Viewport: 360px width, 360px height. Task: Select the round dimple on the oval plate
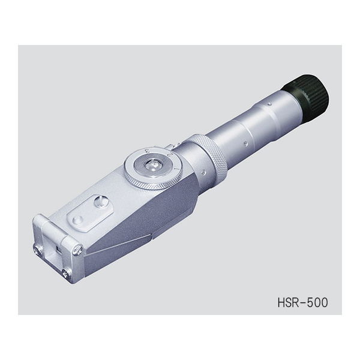pos(78,221)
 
